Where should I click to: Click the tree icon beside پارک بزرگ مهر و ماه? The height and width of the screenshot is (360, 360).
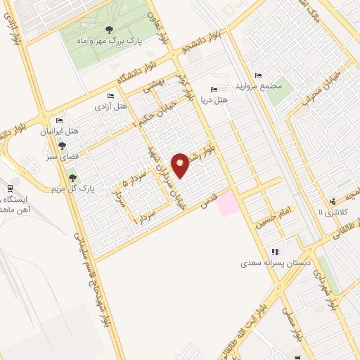108,30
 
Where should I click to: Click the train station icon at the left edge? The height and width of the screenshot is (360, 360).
10,187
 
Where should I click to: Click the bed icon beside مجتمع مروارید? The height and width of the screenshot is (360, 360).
259,75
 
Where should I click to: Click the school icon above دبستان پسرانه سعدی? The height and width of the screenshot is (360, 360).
274,251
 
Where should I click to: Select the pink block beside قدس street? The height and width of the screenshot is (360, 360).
226,205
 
